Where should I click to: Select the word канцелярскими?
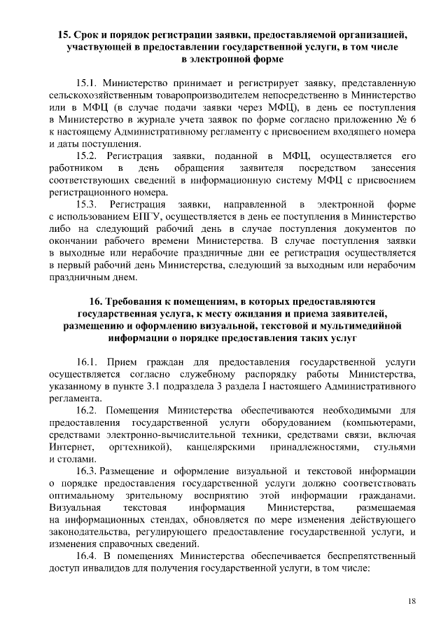click(220, 447)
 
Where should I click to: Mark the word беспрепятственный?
click(358, 557)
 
